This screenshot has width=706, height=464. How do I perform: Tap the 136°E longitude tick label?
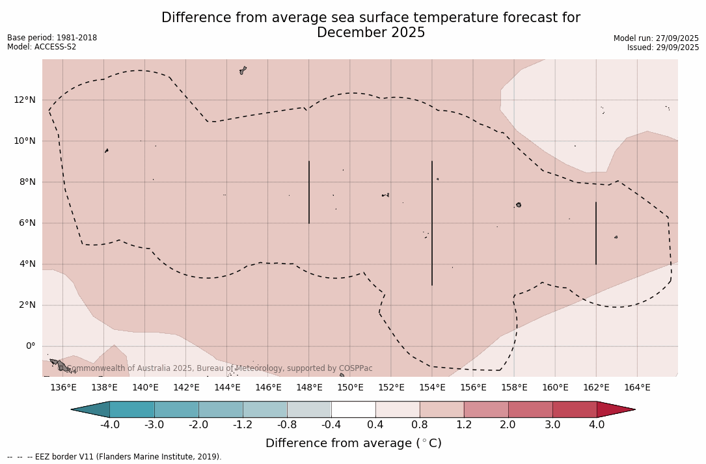63,388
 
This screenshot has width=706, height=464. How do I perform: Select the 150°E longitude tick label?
350,388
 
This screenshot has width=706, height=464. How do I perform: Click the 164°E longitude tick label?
637,388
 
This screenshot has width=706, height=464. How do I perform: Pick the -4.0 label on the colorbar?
109,425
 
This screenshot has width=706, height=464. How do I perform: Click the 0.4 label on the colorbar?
375,425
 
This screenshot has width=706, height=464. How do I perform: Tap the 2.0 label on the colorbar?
508,425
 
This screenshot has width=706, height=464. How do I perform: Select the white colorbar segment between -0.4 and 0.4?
353,409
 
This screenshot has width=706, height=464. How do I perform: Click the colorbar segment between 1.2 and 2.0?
486,409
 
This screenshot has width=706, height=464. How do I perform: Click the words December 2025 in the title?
371,33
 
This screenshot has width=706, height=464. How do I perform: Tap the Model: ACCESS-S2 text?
42,47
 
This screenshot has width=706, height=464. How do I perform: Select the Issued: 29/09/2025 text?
663,48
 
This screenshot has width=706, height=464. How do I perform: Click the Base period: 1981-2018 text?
52,38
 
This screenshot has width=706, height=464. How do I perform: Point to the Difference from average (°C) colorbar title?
353,443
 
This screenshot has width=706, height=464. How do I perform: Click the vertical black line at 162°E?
596,233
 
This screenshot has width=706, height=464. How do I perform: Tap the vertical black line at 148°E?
309,192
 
